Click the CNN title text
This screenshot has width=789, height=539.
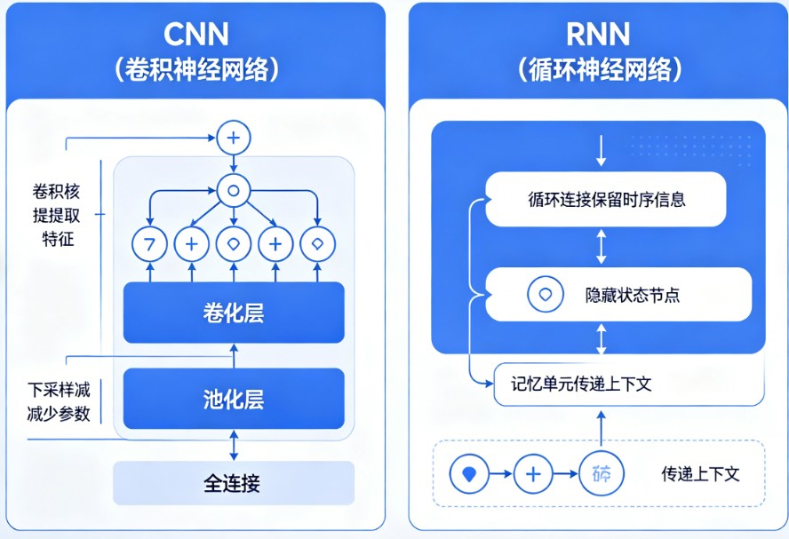[x=196, y=34]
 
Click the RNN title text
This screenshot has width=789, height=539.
[x=598, y=34]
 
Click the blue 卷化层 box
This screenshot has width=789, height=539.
[x=234, y=313]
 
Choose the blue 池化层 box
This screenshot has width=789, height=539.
[x=234, y=400]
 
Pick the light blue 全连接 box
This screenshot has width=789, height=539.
[x=233, y=484]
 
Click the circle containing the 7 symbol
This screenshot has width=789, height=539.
[x=149, y=244]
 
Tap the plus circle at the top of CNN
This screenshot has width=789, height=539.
[x=234, y=138]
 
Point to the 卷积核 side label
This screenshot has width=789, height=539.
[x=58, y=191]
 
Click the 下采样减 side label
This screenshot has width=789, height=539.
[x=59, y=389]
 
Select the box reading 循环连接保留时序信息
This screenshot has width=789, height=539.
[x=606, y=200]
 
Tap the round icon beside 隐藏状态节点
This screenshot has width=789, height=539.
[x=545, y=295]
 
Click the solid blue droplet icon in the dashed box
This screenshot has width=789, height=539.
[x=468, y=474]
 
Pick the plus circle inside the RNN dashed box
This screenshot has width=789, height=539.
[x=533, y=474]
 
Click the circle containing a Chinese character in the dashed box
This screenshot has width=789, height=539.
[x=601, y=474]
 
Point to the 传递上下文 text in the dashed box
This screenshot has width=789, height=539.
[x=700, y=473]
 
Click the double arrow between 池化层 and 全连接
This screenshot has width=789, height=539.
[x=234, y=444]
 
